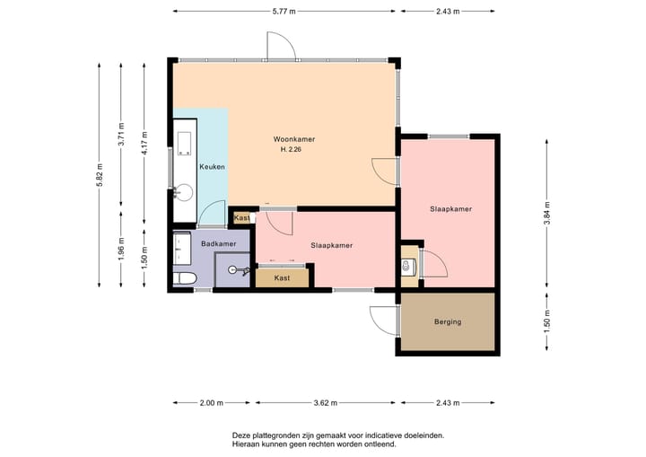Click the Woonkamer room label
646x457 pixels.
(x=294, y=139)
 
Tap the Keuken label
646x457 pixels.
(x=212, y=167)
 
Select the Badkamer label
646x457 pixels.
(x=218, y=243)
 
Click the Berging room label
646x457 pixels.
(x=448, y=321)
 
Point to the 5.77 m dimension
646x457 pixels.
(x=284, y=12)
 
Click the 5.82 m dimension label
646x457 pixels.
(x=100, y=175)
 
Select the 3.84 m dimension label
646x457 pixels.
(x=547, y=213)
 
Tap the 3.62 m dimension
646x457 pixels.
(x=326, y=403)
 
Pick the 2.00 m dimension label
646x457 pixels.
(x=212, y=403)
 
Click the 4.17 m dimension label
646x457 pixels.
(x=144, y=143)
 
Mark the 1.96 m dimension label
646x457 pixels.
(x=121, y=249)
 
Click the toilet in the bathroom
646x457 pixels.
(x=184, y=278)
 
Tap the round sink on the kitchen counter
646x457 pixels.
(x=183, y=192)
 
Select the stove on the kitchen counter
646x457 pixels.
(x=184, y=143)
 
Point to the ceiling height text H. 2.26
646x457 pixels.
(x=291, y=150)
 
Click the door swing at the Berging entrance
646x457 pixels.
(x=384, y=321)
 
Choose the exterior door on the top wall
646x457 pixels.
(x=282, y=46)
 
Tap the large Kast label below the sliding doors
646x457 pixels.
(x=282, y=278)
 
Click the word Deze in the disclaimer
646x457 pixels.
(x=240, y=435)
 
